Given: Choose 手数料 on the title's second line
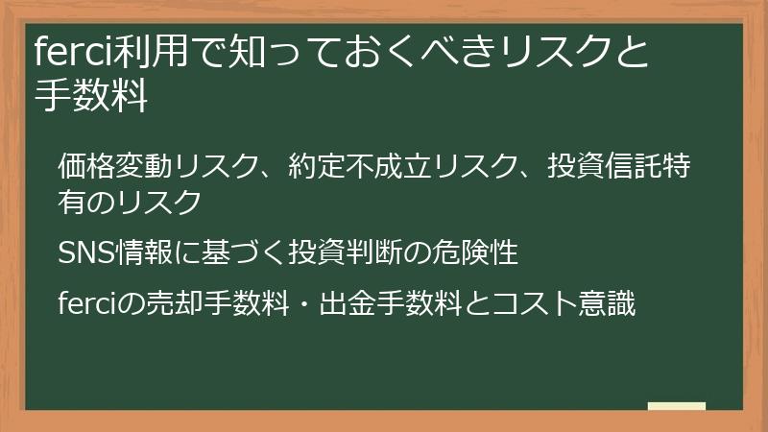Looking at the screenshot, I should point(92,97).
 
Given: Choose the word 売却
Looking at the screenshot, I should point(167,304).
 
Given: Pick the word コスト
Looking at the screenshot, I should point(540,304).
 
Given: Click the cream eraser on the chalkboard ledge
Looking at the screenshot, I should point(676,407).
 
